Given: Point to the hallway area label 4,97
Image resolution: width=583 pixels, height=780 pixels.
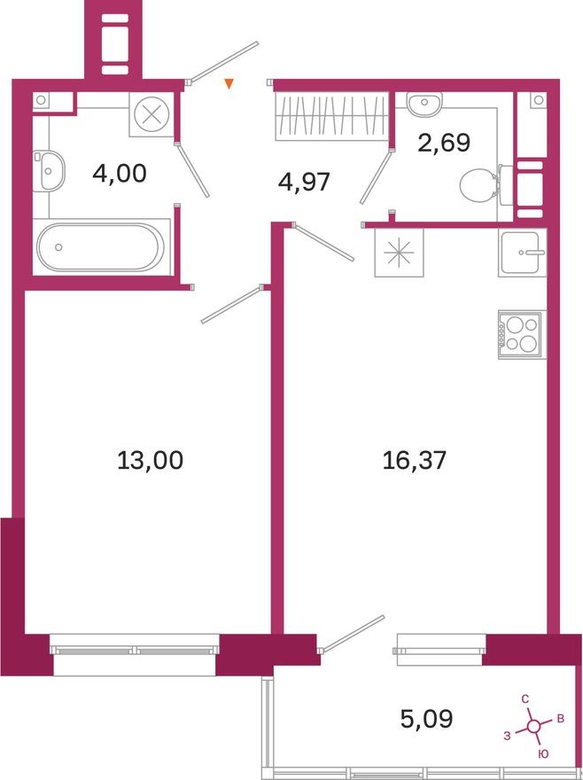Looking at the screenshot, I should click(304, 183).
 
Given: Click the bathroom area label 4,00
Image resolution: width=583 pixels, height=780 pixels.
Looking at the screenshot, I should click(119, 173).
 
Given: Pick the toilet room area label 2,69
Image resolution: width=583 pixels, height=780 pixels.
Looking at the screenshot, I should click(443, 142).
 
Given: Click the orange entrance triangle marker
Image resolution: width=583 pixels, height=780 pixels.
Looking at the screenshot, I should click(229, 85).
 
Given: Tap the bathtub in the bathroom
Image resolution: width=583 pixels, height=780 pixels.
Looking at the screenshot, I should click(100, 246).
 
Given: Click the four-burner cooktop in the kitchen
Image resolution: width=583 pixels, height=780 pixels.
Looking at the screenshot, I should click(521, 334).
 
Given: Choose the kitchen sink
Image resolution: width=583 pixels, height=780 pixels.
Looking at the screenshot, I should click(522, 253).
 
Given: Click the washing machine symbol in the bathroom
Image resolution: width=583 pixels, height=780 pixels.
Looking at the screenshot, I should click(152, 114).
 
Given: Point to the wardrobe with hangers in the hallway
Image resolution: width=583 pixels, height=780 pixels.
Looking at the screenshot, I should click(330, 116).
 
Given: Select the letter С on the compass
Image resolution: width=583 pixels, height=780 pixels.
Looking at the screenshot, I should click(525, 699).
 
